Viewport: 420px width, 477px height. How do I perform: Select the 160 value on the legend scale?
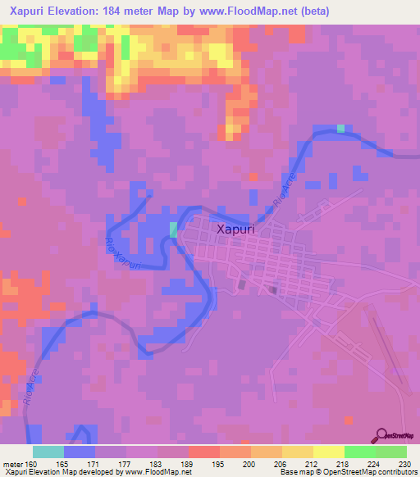click(33, 464)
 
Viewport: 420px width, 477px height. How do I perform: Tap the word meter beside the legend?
click(12, 464)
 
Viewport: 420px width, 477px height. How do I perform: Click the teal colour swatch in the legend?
click(48, 452)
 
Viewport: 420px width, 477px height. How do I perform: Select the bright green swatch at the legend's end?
click(391, 452)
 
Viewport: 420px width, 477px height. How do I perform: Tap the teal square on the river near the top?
click(341, 128)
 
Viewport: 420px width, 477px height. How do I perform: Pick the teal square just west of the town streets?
click(173, 229)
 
